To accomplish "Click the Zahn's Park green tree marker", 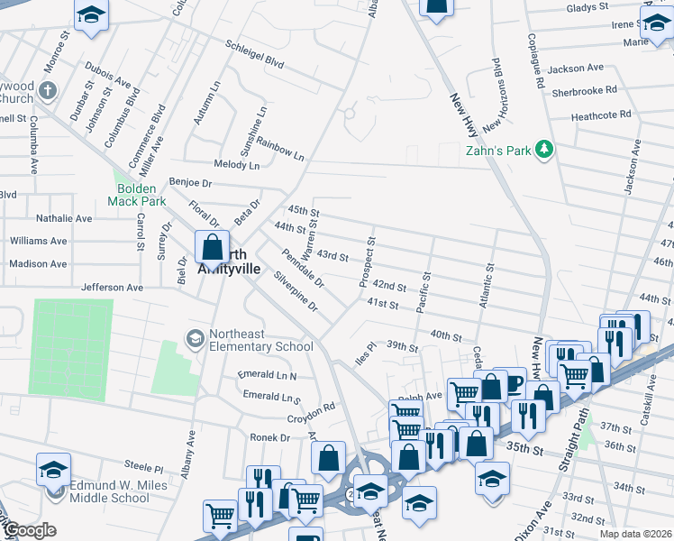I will pos(543,150).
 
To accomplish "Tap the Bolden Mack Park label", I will pos(135,195).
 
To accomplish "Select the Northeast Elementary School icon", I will pos(194,339).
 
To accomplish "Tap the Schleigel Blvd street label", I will pos(255,54).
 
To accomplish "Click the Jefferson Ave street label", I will pos(113,287).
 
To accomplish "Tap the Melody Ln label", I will pos(236,165).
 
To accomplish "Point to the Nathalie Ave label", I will pos(64,218).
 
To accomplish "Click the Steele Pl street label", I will pos(144,468).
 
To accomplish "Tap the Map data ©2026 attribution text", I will pos(634,534).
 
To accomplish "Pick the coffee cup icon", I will pos(513,382).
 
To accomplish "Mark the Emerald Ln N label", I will pos(267,374).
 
